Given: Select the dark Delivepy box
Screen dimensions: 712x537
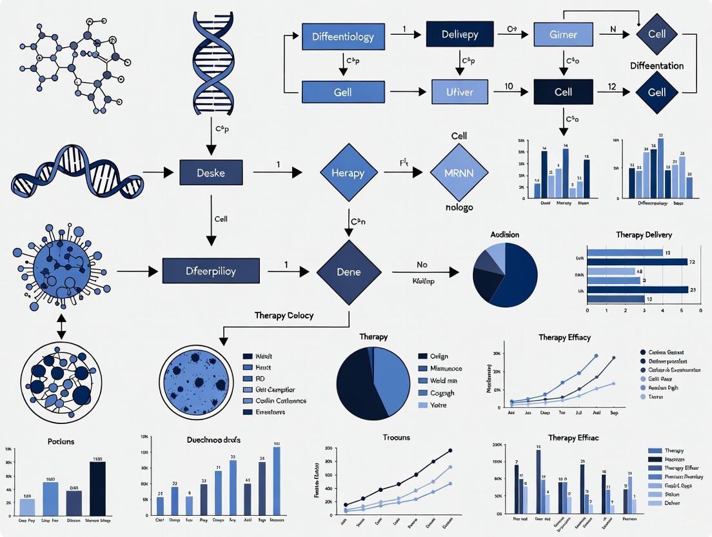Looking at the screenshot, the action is click(x=460, y=34).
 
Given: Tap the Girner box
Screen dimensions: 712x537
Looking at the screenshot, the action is click(x=563, y=34).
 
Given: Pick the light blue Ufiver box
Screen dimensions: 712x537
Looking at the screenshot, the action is click(x=460, y=92).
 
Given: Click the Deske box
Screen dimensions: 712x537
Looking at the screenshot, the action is click(x=211, y=172).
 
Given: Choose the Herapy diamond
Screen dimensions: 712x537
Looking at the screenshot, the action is click(x=348, y=173).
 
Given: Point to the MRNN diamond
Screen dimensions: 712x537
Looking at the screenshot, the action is click(x=459, y=173).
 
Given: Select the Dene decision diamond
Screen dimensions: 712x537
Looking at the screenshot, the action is click(x=348, y=272).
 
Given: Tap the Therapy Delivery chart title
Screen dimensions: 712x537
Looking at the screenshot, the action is click(x=645, y=235).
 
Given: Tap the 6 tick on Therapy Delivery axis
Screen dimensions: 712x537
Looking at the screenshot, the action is click(x=700, y=310).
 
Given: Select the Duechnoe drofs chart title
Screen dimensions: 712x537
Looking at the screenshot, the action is click(x=205, y=440).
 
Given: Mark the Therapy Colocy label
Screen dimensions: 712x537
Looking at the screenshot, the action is click(x=284, y=315).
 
